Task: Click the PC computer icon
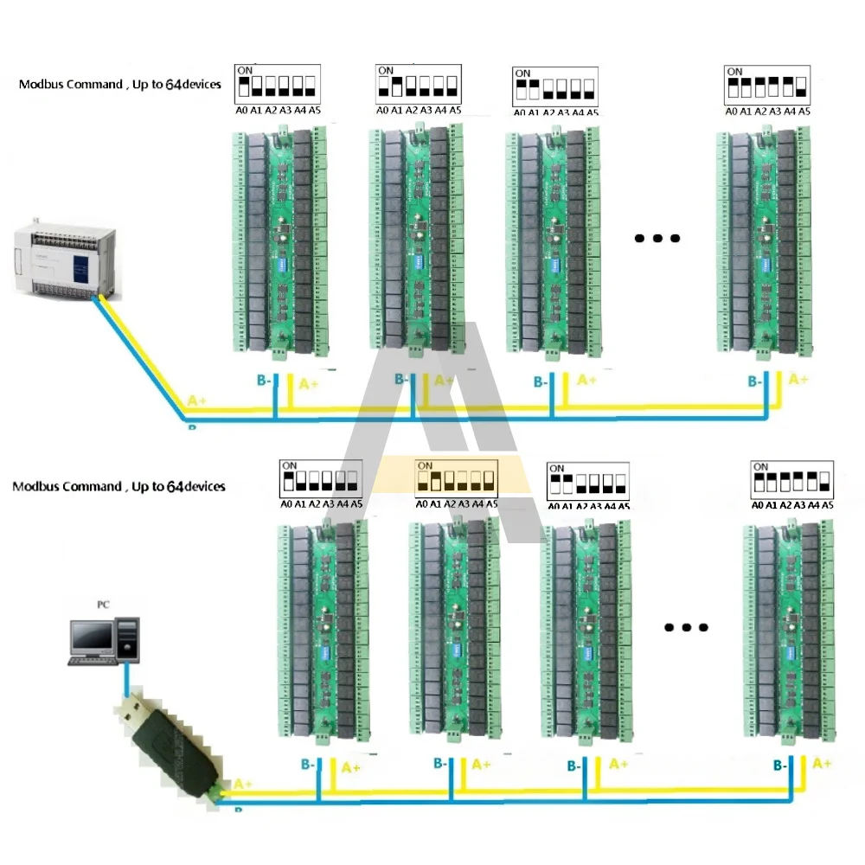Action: coord(102,640)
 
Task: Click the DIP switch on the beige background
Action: coord(455,478)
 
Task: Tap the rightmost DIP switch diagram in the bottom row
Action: coord(792,479)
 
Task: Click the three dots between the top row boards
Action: coord(657,239)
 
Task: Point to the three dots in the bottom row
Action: coord(686,628)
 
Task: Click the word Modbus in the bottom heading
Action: coord(35,486)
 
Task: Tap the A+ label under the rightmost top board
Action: coord(798,380)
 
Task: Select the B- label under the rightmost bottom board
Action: coord(779,766)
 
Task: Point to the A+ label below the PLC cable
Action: coord(197,400)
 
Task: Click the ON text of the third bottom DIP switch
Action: coord(557,468)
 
